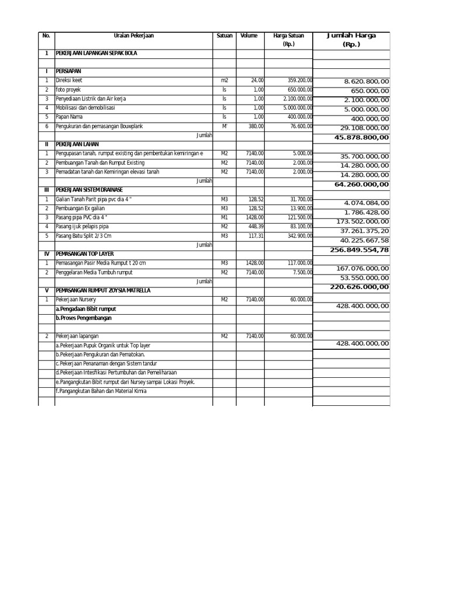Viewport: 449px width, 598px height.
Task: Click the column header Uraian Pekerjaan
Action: point(134,36)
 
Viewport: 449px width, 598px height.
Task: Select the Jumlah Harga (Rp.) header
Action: point(351,39)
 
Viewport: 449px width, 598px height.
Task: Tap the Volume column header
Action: point(248,36)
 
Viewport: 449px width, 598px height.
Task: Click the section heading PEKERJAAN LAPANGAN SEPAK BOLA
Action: point(96,53)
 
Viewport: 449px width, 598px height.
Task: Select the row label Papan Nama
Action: point(68,117)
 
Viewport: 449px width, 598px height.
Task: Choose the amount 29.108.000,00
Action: point(364,128)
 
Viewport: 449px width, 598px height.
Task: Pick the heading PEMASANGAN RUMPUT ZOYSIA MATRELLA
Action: point(103,290)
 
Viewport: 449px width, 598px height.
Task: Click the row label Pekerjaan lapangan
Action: point(77,336)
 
